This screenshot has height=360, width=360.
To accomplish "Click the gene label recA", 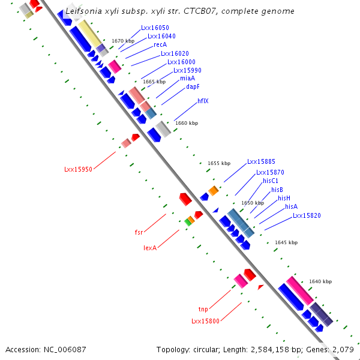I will pos(160,44).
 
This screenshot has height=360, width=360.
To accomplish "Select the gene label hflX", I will pos(203,101).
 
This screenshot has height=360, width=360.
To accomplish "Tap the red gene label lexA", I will pos(150,247).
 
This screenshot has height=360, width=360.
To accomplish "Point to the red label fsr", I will pos(139,231).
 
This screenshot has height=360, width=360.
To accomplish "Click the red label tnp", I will pos(203,309).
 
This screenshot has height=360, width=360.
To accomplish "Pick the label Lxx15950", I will pos(78,169).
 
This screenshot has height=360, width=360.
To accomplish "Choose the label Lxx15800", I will pos(205,322).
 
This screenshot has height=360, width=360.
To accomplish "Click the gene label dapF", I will pos(193,86).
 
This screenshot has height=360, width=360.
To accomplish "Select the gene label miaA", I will pos(187,78).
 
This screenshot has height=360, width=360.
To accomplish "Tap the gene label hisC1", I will pos(271,181).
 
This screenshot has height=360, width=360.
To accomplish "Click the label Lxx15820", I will pos(307,215).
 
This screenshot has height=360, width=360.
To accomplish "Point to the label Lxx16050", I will pos(155,28).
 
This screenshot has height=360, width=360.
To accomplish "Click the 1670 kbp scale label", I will pos(123,41).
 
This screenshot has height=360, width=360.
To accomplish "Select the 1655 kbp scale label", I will pos(219,163).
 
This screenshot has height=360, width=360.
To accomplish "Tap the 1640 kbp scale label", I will pos(320,281).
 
